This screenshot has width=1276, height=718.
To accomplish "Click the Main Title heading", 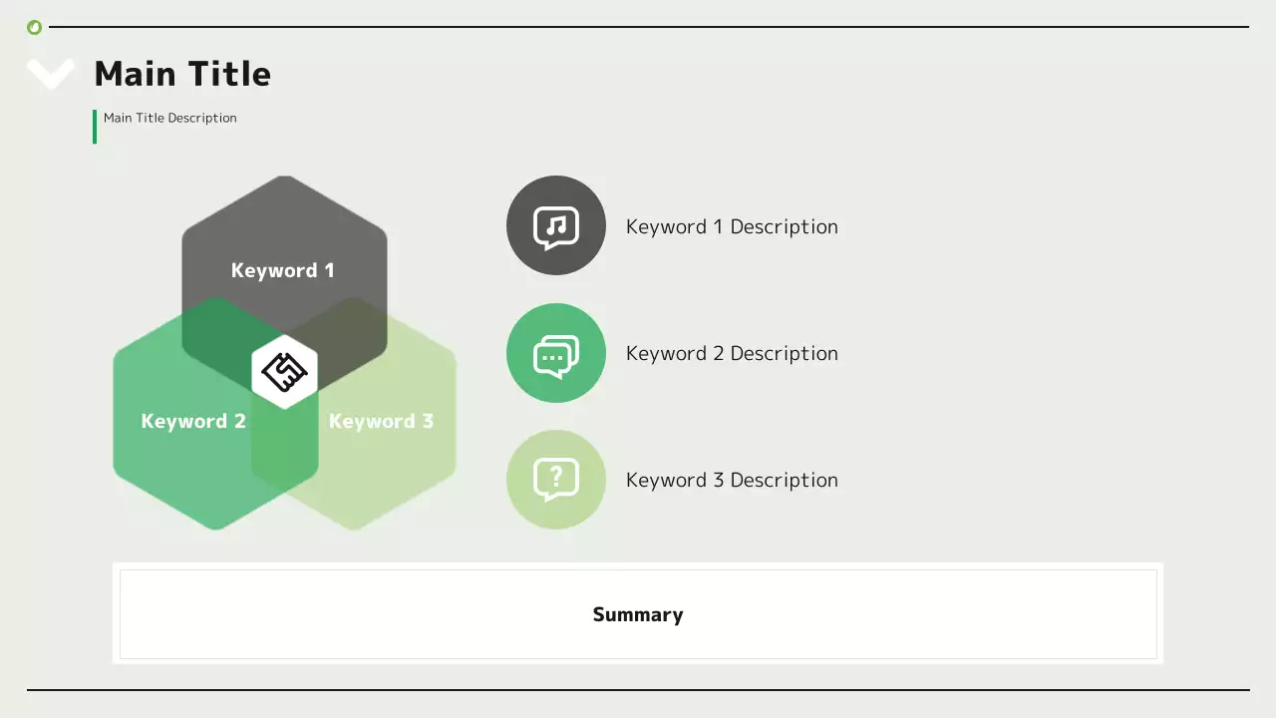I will coord(182,74).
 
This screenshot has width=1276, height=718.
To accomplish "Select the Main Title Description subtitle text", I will coord(169,118).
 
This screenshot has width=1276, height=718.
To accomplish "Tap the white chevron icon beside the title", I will coord(50,73).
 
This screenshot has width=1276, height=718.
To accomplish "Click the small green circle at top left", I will coord(35,27).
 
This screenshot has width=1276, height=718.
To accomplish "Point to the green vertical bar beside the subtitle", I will coord(95,127).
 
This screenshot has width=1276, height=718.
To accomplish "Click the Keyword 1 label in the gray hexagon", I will coord(282,270).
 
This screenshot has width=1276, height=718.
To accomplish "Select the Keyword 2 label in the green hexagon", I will coord(193,421).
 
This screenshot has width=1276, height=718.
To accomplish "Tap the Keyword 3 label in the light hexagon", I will coord(381,421).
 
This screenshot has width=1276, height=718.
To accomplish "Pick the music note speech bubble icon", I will coord(556,226).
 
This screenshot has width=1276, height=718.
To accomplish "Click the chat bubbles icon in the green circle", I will coord(556,354).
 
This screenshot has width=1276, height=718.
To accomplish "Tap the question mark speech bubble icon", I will coord(556,480).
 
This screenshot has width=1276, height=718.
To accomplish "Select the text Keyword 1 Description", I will coord(732,227).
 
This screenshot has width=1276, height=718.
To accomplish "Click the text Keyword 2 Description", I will coord(732,354).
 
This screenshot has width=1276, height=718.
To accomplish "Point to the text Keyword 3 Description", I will coord(732,481).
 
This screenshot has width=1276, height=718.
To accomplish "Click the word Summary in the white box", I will coord(638,614).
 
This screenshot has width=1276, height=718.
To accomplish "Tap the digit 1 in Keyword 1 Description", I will coord(717,227).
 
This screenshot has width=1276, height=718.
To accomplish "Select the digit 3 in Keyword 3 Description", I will coord(717,481).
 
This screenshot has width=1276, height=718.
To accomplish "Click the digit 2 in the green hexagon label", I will coord(239,421).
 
